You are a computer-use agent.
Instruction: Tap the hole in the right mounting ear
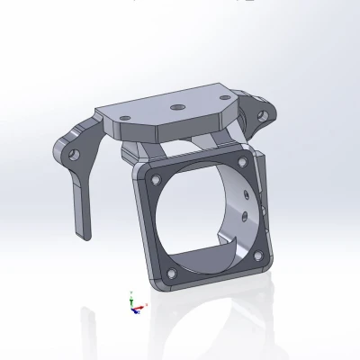click(x=265, y=114)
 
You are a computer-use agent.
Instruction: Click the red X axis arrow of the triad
click(x=142, y=309)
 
